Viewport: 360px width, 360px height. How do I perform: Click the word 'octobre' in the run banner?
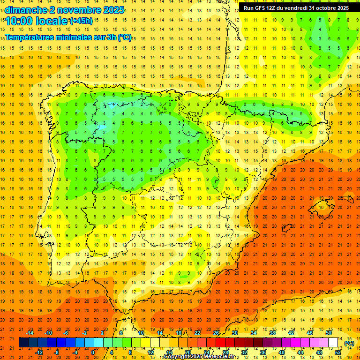(x=337, y=8)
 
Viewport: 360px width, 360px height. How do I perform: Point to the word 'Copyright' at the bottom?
(x=179, y=357)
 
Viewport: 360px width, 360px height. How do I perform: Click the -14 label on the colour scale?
(x=30, y=333)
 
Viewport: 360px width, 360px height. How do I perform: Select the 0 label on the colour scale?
(x=93, y=352)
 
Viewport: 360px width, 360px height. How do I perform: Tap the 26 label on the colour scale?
(x=216, y=333)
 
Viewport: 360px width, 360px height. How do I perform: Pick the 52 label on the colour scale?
(x=338, y=352)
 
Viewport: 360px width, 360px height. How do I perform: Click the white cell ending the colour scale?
(x=333, y=343)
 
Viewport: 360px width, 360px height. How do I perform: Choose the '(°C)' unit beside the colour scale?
(x=349, y=343)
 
